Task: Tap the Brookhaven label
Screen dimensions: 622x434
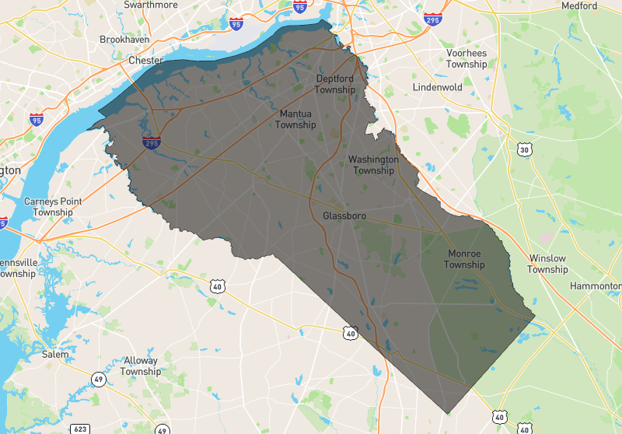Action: pyautogui.click(x=124, y=39)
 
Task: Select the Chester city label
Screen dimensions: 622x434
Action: pyautogui.click(x=145, y=61)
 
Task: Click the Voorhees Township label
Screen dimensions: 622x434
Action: pyautogui.click(x=466, y=59)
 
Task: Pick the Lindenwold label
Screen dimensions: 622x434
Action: pyautogui.click(x=438, y=87)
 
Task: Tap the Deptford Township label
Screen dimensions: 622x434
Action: pyautogui.click(x=335, y=84)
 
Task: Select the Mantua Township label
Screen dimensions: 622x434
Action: pyautogui.click(x=295, y=120)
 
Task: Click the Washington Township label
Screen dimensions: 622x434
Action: pyautogui.click(x=373, y=165)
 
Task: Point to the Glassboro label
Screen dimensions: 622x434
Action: pyautogui.click(x=344, y=215)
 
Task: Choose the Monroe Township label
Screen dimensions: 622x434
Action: pyautogui.click(x=464, y=259)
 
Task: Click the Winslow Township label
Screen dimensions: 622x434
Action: pyautogui.click(x=547, y=264)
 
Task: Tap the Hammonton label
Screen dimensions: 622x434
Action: pyautogui.click(x=596, y=285)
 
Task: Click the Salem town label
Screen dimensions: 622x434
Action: pyautogui.click(x=54, y=355)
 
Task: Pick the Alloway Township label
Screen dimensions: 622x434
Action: pyautogui.click(x=140, y=366)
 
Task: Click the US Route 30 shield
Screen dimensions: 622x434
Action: pyautogui.click(x=525, y=149)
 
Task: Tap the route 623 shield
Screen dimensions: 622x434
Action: pyautogui.click(x=79, y=429)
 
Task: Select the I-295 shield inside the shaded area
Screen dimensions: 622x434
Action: pyautogui.click(x=152, y=142)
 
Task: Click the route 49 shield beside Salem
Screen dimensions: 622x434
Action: pyautogui.click(x=99, y=380)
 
